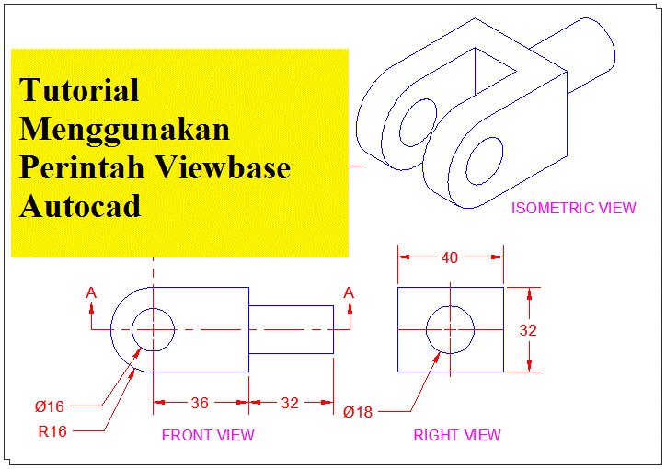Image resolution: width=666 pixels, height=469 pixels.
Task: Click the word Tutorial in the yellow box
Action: coord(79,90)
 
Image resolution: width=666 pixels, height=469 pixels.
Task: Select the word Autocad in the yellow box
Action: coord(80,206)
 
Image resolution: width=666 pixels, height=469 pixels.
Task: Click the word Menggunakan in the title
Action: coord(124,129)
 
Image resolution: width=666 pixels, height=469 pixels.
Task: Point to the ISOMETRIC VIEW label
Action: coord(573,208)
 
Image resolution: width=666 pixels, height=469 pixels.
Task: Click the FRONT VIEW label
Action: coord(208,435)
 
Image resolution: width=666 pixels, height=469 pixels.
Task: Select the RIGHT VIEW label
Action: coord(457,435)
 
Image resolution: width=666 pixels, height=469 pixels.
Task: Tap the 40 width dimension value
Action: coord(450,258)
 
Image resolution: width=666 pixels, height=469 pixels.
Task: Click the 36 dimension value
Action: coord(199,402)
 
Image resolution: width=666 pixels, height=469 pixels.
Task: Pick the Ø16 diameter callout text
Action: coord(50,406)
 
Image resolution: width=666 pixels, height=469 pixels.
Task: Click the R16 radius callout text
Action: coord(52,431)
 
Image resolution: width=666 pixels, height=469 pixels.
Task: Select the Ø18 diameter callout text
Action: coord(358,412)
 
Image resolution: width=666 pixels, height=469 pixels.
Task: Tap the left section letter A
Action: coord(91,292)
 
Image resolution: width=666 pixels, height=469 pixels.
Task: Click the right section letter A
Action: coord(349,292)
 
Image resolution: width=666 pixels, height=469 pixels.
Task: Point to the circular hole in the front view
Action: coord(154,329)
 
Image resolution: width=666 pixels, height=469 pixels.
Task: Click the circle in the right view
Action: coord(450,329)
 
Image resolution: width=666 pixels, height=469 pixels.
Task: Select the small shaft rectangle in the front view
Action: coord(291,329)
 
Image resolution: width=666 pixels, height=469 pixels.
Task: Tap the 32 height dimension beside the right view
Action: coord(528,330)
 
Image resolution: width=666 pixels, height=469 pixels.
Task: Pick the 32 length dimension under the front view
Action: coord(290,402)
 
